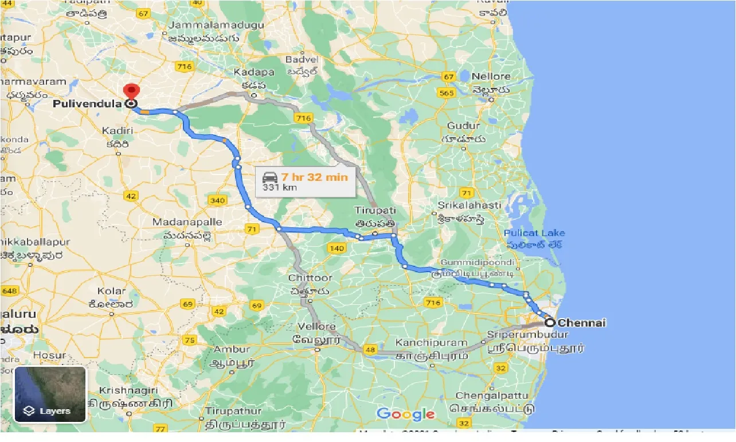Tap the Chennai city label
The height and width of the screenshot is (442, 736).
pyautogui.click(x=581, y=323)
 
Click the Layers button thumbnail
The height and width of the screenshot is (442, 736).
pyautogui.click(x=50, y=394)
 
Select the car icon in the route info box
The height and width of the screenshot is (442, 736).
pyautogui.click(x=270, y=177)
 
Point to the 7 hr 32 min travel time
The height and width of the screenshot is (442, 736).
pyautogui.click(x=315, y=177)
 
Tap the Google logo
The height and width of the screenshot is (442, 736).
pyautogui.click(x=406, y=414)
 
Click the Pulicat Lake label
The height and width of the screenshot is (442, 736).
pyautogui.click(x=534, y=233)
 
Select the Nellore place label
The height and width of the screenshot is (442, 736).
pyautogui.click(x=492, y=76)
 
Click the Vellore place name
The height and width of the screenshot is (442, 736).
pyautogui.click(x=316, y=327)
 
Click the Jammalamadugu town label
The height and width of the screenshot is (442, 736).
pyautogui.click(x=216, y=25)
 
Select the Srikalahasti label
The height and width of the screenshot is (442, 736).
pyautogui.click(x=469, y=205)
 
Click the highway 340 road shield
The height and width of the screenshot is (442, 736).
pyautogui.click(x=218, y=200)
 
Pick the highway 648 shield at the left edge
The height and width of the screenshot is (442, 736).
pyautogui.click(x=9, y=291)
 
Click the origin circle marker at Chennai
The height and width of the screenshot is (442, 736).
pyautogui.click(x=549, y=322)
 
